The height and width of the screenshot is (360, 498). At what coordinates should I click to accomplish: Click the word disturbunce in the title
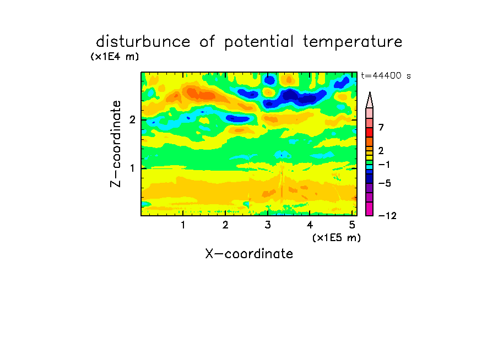click(x=143, y=42)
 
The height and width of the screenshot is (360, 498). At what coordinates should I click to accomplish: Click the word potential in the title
click(x=259, y=42)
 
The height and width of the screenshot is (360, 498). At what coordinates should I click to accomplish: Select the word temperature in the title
click(x=353, y=42)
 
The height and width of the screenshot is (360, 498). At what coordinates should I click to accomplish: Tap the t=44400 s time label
click(x=386, y=76)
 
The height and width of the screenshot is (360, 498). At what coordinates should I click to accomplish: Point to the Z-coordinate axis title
click(x=116, y=144)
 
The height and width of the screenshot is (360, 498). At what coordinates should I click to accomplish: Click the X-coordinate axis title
click(x=249, y=254)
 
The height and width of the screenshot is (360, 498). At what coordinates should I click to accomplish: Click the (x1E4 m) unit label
click(x=115, y=57)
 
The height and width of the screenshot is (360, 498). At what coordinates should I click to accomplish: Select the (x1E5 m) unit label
click(x=337, y=238)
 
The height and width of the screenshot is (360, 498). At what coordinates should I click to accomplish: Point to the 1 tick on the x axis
click(x=183, y=225)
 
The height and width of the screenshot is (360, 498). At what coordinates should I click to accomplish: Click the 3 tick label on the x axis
click(x=268, y=225)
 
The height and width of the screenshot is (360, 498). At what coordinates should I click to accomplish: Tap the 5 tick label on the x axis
click(x=352, y=225)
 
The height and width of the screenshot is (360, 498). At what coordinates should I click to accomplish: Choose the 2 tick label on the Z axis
click(x=132, y=119)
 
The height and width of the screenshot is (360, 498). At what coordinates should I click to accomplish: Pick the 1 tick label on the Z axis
click(x=132, y=168)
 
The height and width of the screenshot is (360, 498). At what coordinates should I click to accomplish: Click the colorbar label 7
click(x=381, y=128)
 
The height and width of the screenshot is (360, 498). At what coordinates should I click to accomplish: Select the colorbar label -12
click(x=387, y=216)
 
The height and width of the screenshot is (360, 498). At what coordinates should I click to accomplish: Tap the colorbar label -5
click(x=385, y=183)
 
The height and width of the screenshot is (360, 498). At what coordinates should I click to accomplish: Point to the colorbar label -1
click(x=384, y=165)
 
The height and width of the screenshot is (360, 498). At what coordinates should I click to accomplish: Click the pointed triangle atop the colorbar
click(x=370, y=100)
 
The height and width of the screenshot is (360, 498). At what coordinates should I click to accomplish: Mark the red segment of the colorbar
click(x=370, y=132)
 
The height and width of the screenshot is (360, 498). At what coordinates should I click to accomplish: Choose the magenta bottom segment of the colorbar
click(x=370, y=209)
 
